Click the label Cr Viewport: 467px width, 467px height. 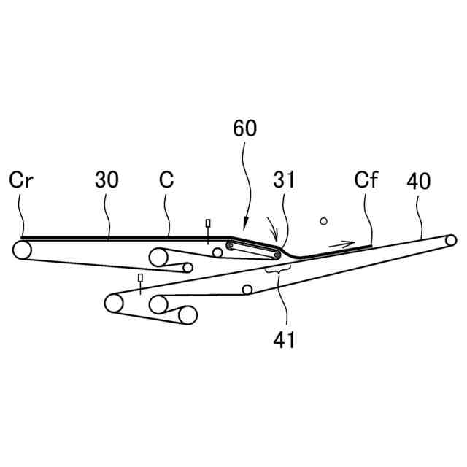tap(20, 180)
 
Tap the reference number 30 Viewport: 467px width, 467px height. tap(107, 180)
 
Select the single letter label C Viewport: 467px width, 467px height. tap(166, 180)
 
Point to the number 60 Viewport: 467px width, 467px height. tap(245, 129)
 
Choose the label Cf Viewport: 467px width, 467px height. tap(366, 180)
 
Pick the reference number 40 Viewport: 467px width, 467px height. tap(420, 180)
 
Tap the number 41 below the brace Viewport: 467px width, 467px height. tap(285, 339)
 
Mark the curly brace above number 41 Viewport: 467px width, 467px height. tap(278, 269)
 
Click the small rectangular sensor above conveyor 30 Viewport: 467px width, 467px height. tap(208, 223)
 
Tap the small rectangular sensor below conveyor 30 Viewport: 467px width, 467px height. tap(140, 278)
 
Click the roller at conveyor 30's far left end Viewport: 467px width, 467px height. tap(23, 250)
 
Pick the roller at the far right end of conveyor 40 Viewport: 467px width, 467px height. tap(451, 239)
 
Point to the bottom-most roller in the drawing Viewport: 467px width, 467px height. tap(188, 315)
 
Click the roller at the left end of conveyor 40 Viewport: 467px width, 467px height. tap(114, 302)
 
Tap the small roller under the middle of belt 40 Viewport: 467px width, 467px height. tap(247, 290)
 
